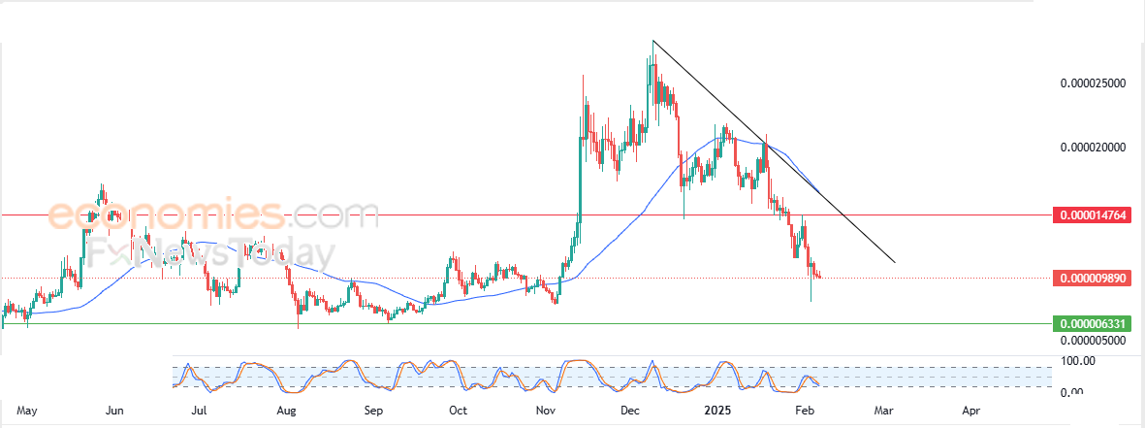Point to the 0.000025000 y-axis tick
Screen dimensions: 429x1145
pos(1092,83)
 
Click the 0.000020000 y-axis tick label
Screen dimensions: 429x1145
pos(1092,148)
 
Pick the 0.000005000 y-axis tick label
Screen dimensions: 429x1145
pos(1092,340)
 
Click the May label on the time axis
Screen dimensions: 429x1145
pos(27,412)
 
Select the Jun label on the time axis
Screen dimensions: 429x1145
pos(113,412)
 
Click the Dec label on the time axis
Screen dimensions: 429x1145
pos(629,412)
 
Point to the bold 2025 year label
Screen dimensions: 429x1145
pos(718,412)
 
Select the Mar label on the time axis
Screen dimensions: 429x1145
pos(883,412)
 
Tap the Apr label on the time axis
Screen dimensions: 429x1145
pos(970,412)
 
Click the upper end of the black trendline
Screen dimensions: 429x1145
pos(652,41)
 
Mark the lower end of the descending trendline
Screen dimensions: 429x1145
pos(895,263)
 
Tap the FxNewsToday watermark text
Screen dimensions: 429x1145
pos(185,253)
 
